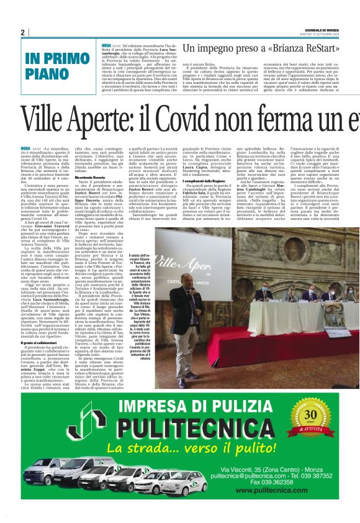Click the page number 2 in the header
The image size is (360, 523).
click(23, 32)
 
